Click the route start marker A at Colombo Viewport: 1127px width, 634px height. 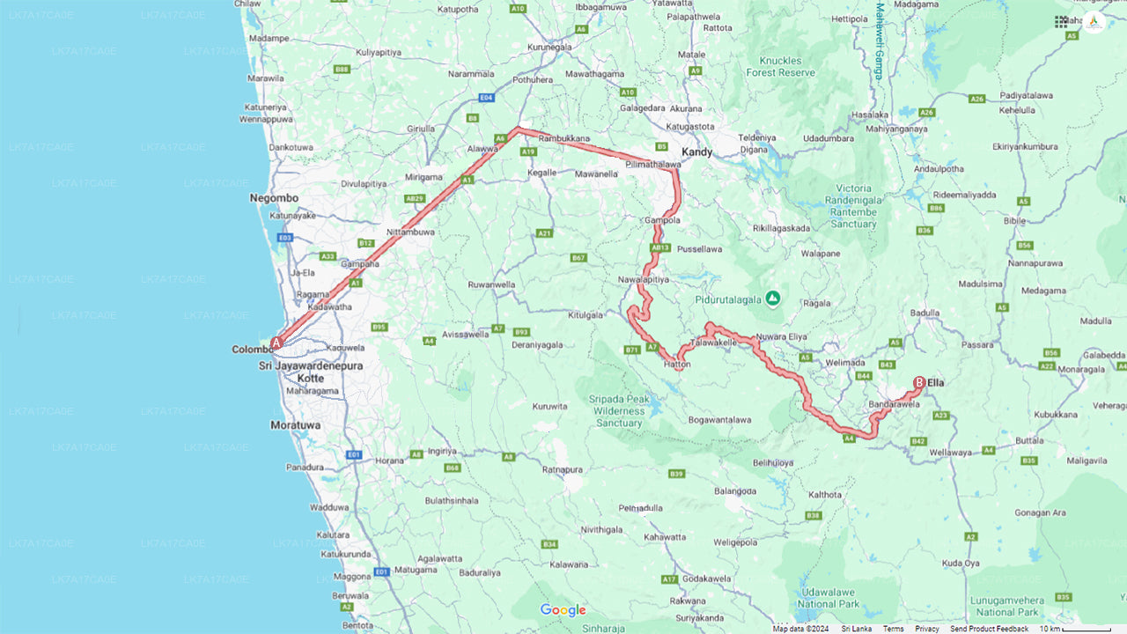click(x=276, y=343)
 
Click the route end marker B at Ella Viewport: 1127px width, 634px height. click(x=919, y=383)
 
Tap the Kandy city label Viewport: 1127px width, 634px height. click(x=696, y=152)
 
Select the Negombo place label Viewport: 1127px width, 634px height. click(x=274, y=198)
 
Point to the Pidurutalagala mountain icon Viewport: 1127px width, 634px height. click(x=772, y=298)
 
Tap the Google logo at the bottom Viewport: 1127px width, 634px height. click(x=563, y=610)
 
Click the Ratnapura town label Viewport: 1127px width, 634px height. click(x=563, y=469)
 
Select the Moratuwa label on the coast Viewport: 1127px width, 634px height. click(x=295, y=424)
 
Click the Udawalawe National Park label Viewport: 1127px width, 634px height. click(x=828, y=599)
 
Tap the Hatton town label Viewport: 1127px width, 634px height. click(x=676, y=364)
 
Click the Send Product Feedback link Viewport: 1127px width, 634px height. click(x=989, y=629)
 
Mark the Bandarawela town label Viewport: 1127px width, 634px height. click(x=895, y=404)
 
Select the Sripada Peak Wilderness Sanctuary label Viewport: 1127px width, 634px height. click(x=619, y=411)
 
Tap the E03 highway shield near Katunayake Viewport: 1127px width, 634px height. click(x=284, y=238)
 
